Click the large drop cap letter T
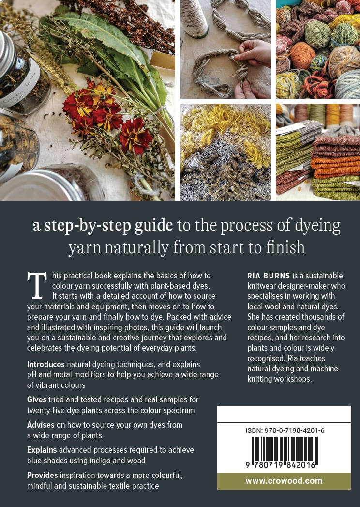[x=37, y=286]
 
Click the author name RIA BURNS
[x=269, y=276]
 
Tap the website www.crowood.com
[x=284, y=481]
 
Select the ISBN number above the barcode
[x=285, y=430]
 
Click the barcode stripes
[x=285, y=451]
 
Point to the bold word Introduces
[x=46, y=365]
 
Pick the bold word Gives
[x=37, y=399]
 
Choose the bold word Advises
[x=41, y=425]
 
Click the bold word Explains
[x=42, y=450]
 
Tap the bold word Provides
[x=42, y=476]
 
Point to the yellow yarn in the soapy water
[x=226, y=129]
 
